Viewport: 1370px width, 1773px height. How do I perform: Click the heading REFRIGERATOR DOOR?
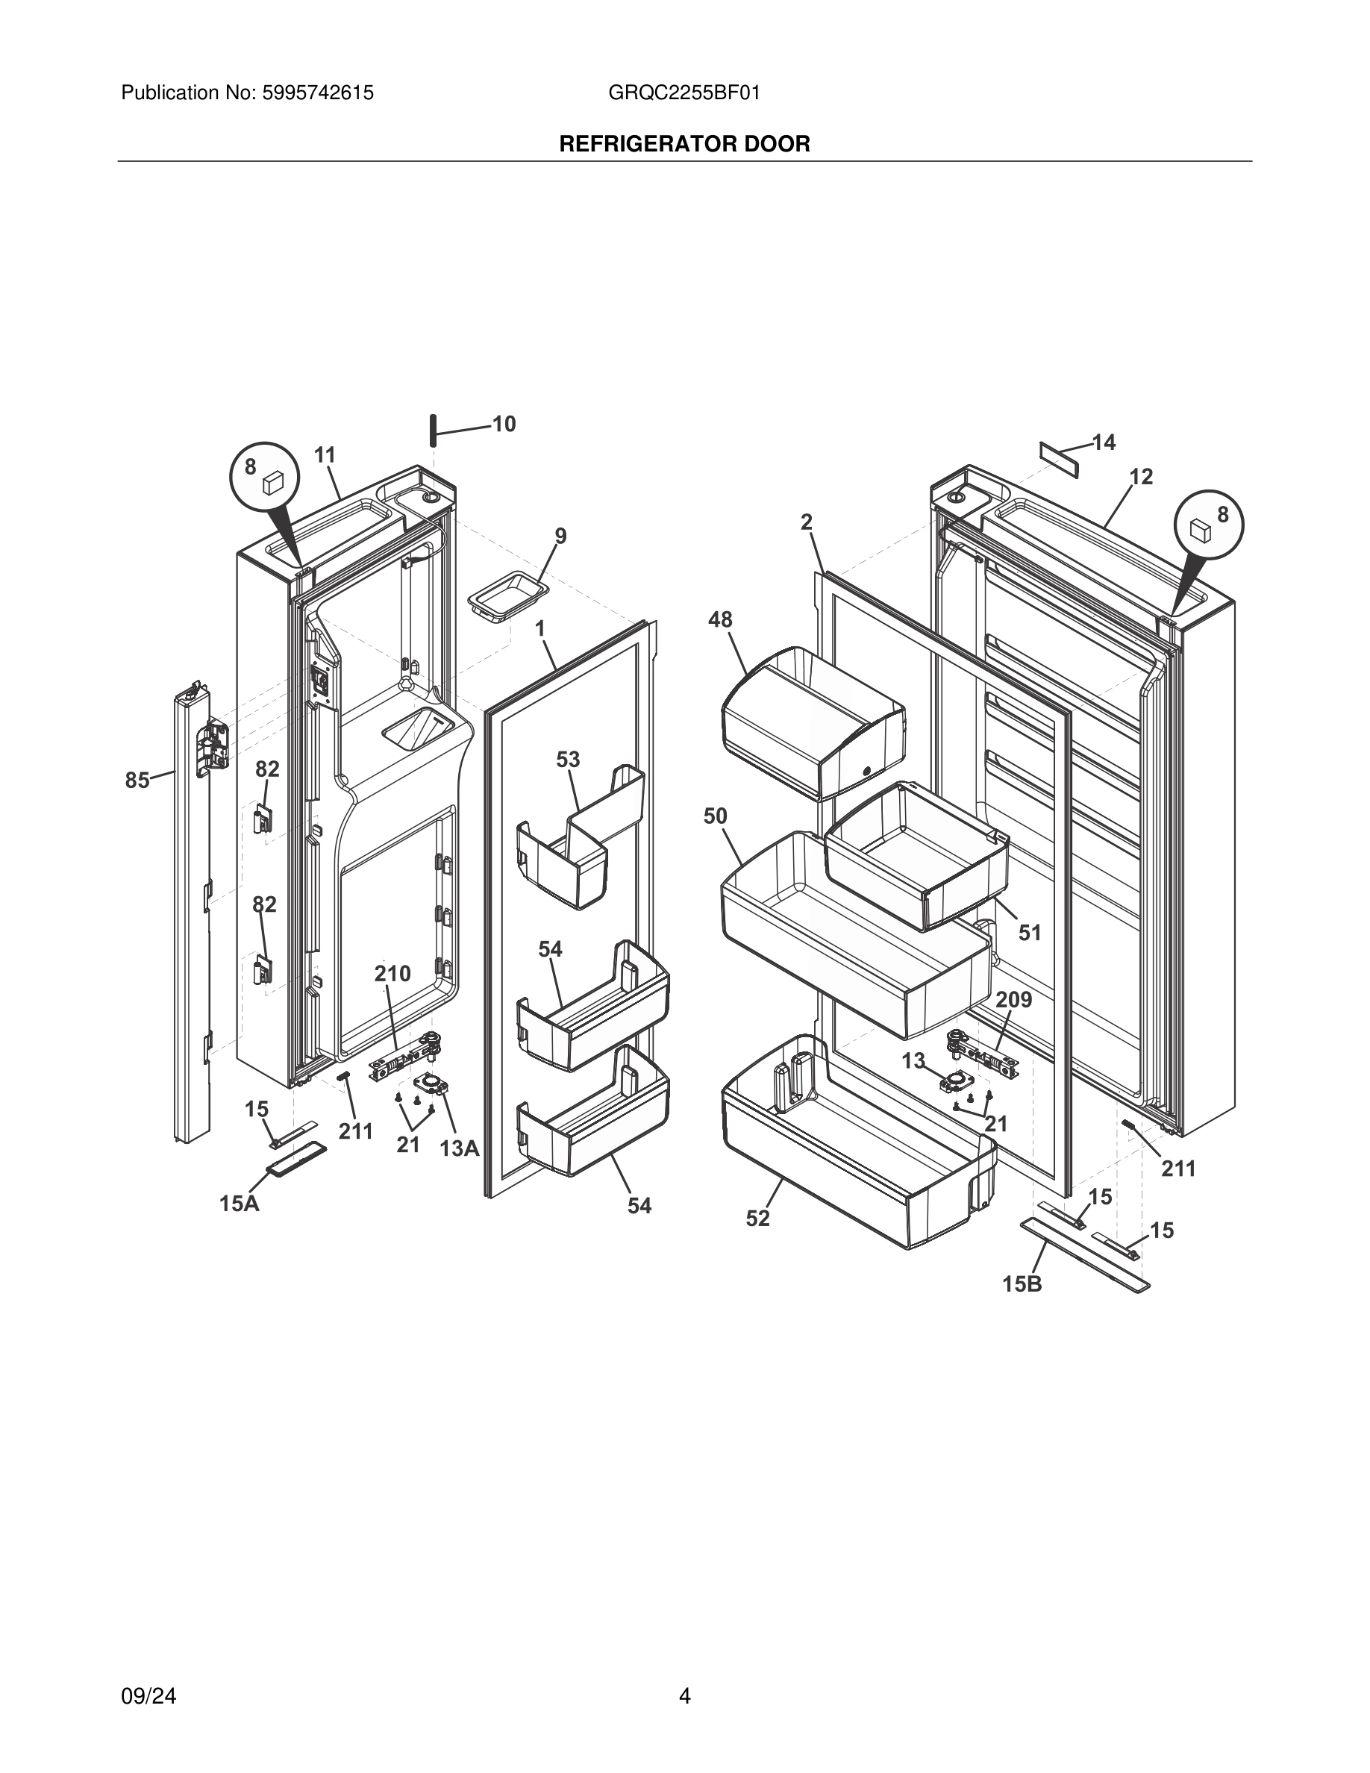[x=684, y=145]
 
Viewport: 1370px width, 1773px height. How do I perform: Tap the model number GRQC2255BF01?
[x=684, y=93]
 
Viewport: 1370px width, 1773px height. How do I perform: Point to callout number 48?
[x=720, y=619]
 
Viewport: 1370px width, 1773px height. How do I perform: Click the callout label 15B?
[x=1022, y=1283]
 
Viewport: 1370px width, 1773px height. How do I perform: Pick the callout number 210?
[x=392, y=973]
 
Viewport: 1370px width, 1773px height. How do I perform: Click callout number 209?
[x=1014, y=999]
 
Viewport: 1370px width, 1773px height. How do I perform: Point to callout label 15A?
[x=240, y=1203]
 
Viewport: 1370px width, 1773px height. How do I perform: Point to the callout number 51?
[x=1029, y=933]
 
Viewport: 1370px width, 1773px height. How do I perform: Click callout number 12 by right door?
[x=1140, y=477]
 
